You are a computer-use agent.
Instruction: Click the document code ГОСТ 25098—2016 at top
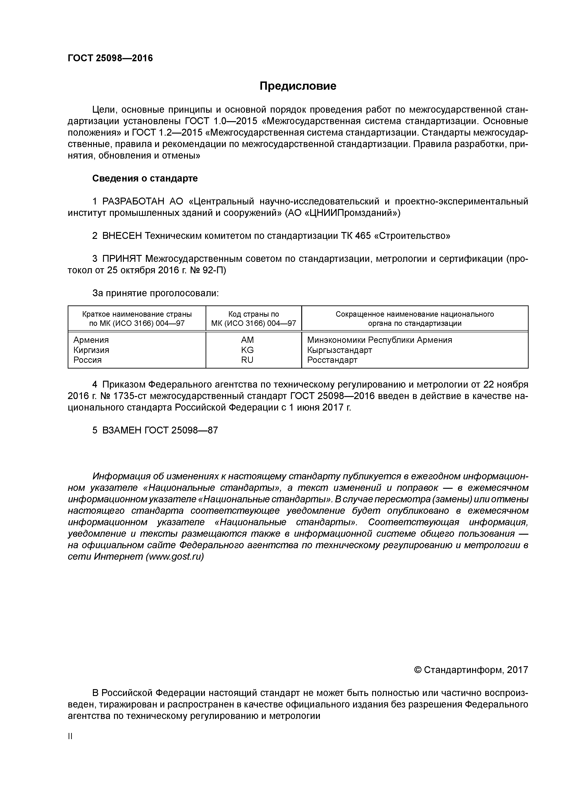[x=110, y=58]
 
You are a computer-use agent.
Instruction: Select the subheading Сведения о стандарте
[x=145, y=179]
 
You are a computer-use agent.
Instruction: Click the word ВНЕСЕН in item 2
[x=122, y=236]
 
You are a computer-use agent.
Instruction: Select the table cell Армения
[x=91, y=340]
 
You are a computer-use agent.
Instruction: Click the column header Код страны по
[x=254, y=314]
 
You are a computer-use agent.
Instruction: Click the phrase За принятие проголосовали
[x=155, y=293]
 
